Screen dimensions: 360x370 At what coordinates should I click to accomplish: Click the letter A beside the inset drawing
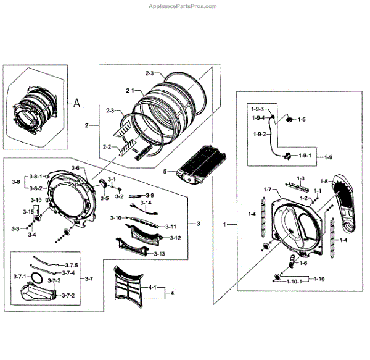coord(77,103)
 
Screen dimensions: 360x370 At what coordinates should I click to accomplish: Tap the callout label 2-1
coord(130,91)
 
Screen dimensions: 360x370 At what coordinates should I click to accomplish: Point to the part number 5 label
coord(165,171)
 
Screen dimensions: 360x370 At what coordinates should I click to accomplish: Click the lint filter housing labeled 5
coord(198,166)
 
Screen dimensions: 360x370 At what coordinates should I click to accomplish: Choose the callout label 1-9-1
coord(305,157)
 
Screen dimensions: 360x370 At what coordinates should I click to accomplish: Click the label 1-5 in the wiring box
coord(302,119)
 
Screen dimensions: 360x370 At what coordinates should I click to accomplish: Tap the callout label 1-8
coord(324,181)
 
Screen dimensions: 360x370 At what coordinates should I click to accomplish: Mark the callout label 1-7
coord(267,189)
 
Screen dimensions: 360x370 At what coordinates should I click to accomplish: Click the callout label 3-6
coord(75,169)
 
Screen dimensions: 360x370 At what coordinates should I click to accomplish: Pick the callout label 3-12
coord(175,238)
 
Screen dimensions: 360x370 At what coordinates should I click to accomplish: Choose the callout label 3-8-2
coord(36,187)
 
